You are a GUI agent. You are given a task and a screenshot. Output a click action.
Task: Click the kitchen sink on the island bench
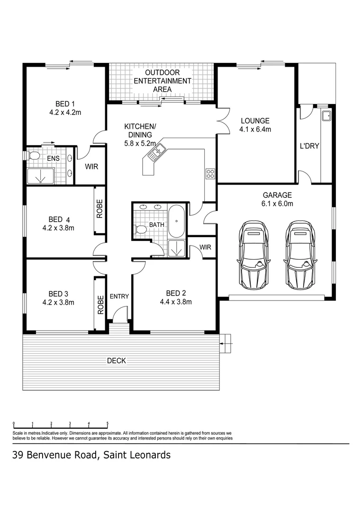[x=155, y=151]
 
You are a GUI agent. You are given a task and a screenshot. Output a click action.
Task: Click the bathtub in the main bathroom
[x=176, y=221]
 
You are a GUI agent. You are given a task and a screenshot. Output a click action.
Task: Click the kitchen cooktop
[x=210, y=173]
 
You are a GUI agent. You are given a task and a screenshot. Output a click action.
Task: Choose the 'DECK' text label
[x=116, y=361]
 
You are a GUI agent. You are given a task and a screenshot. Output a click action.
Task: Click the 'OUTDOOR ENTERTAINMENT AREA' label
[x=162, y=81]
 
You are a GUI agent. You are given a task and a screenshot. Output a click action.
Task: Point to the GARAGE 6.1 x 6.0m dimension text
[x=277, y=204]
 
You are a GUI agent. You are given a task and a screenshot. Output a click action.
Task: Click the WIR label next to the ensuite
[x=90, y=167]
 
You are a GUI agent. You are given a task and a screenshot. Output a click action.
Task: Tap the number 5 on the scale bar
[x=108, y=423]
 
